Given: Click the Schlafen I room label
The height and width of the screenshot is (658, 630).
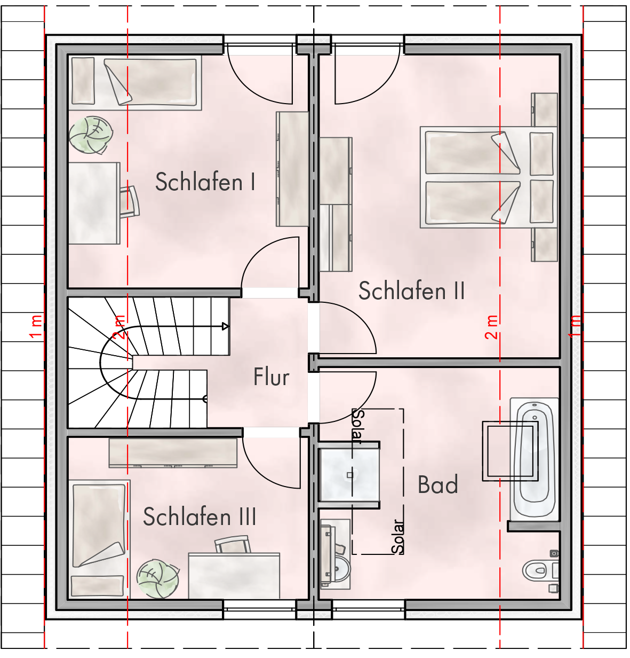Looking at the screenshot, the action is pos(205,182).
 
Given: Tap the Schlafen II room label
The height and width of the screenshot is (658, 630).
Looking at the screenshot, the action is pos(411,291).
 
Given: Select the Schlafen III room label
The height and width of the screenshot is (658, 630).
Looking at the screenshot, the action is pos(200,516).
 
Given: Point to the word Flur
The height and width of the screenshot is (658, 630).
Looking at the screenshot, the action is pos(271,377).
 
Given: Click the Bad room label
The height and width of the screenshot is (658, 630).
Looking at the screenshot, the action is pos(438,484).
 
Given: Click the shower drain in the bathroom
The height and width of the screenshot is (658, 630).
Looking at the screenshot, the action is pos(349,475).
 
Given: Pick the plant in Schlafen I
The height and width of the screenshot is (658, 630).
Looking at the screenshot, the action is pos(91,135).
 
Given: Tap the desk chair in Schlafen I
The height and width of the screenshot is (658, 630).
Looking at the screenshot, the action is pos(129,202).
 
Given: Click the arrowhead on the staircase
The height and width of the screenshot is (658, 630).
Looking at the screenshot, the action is pos(225,326).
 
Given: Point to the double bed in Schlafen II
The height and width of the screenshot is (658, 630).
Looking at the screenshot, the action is pos(489,177).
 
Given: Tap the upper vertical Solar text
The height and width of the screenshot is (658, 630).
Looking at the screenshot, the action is pos(358,427).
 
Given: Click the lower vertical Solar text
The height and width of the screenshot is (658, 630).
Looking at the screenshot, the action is pos(397,537).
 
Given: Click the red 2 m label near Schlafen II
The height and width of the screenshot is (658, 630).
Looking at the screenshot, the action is pos(491,327).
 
